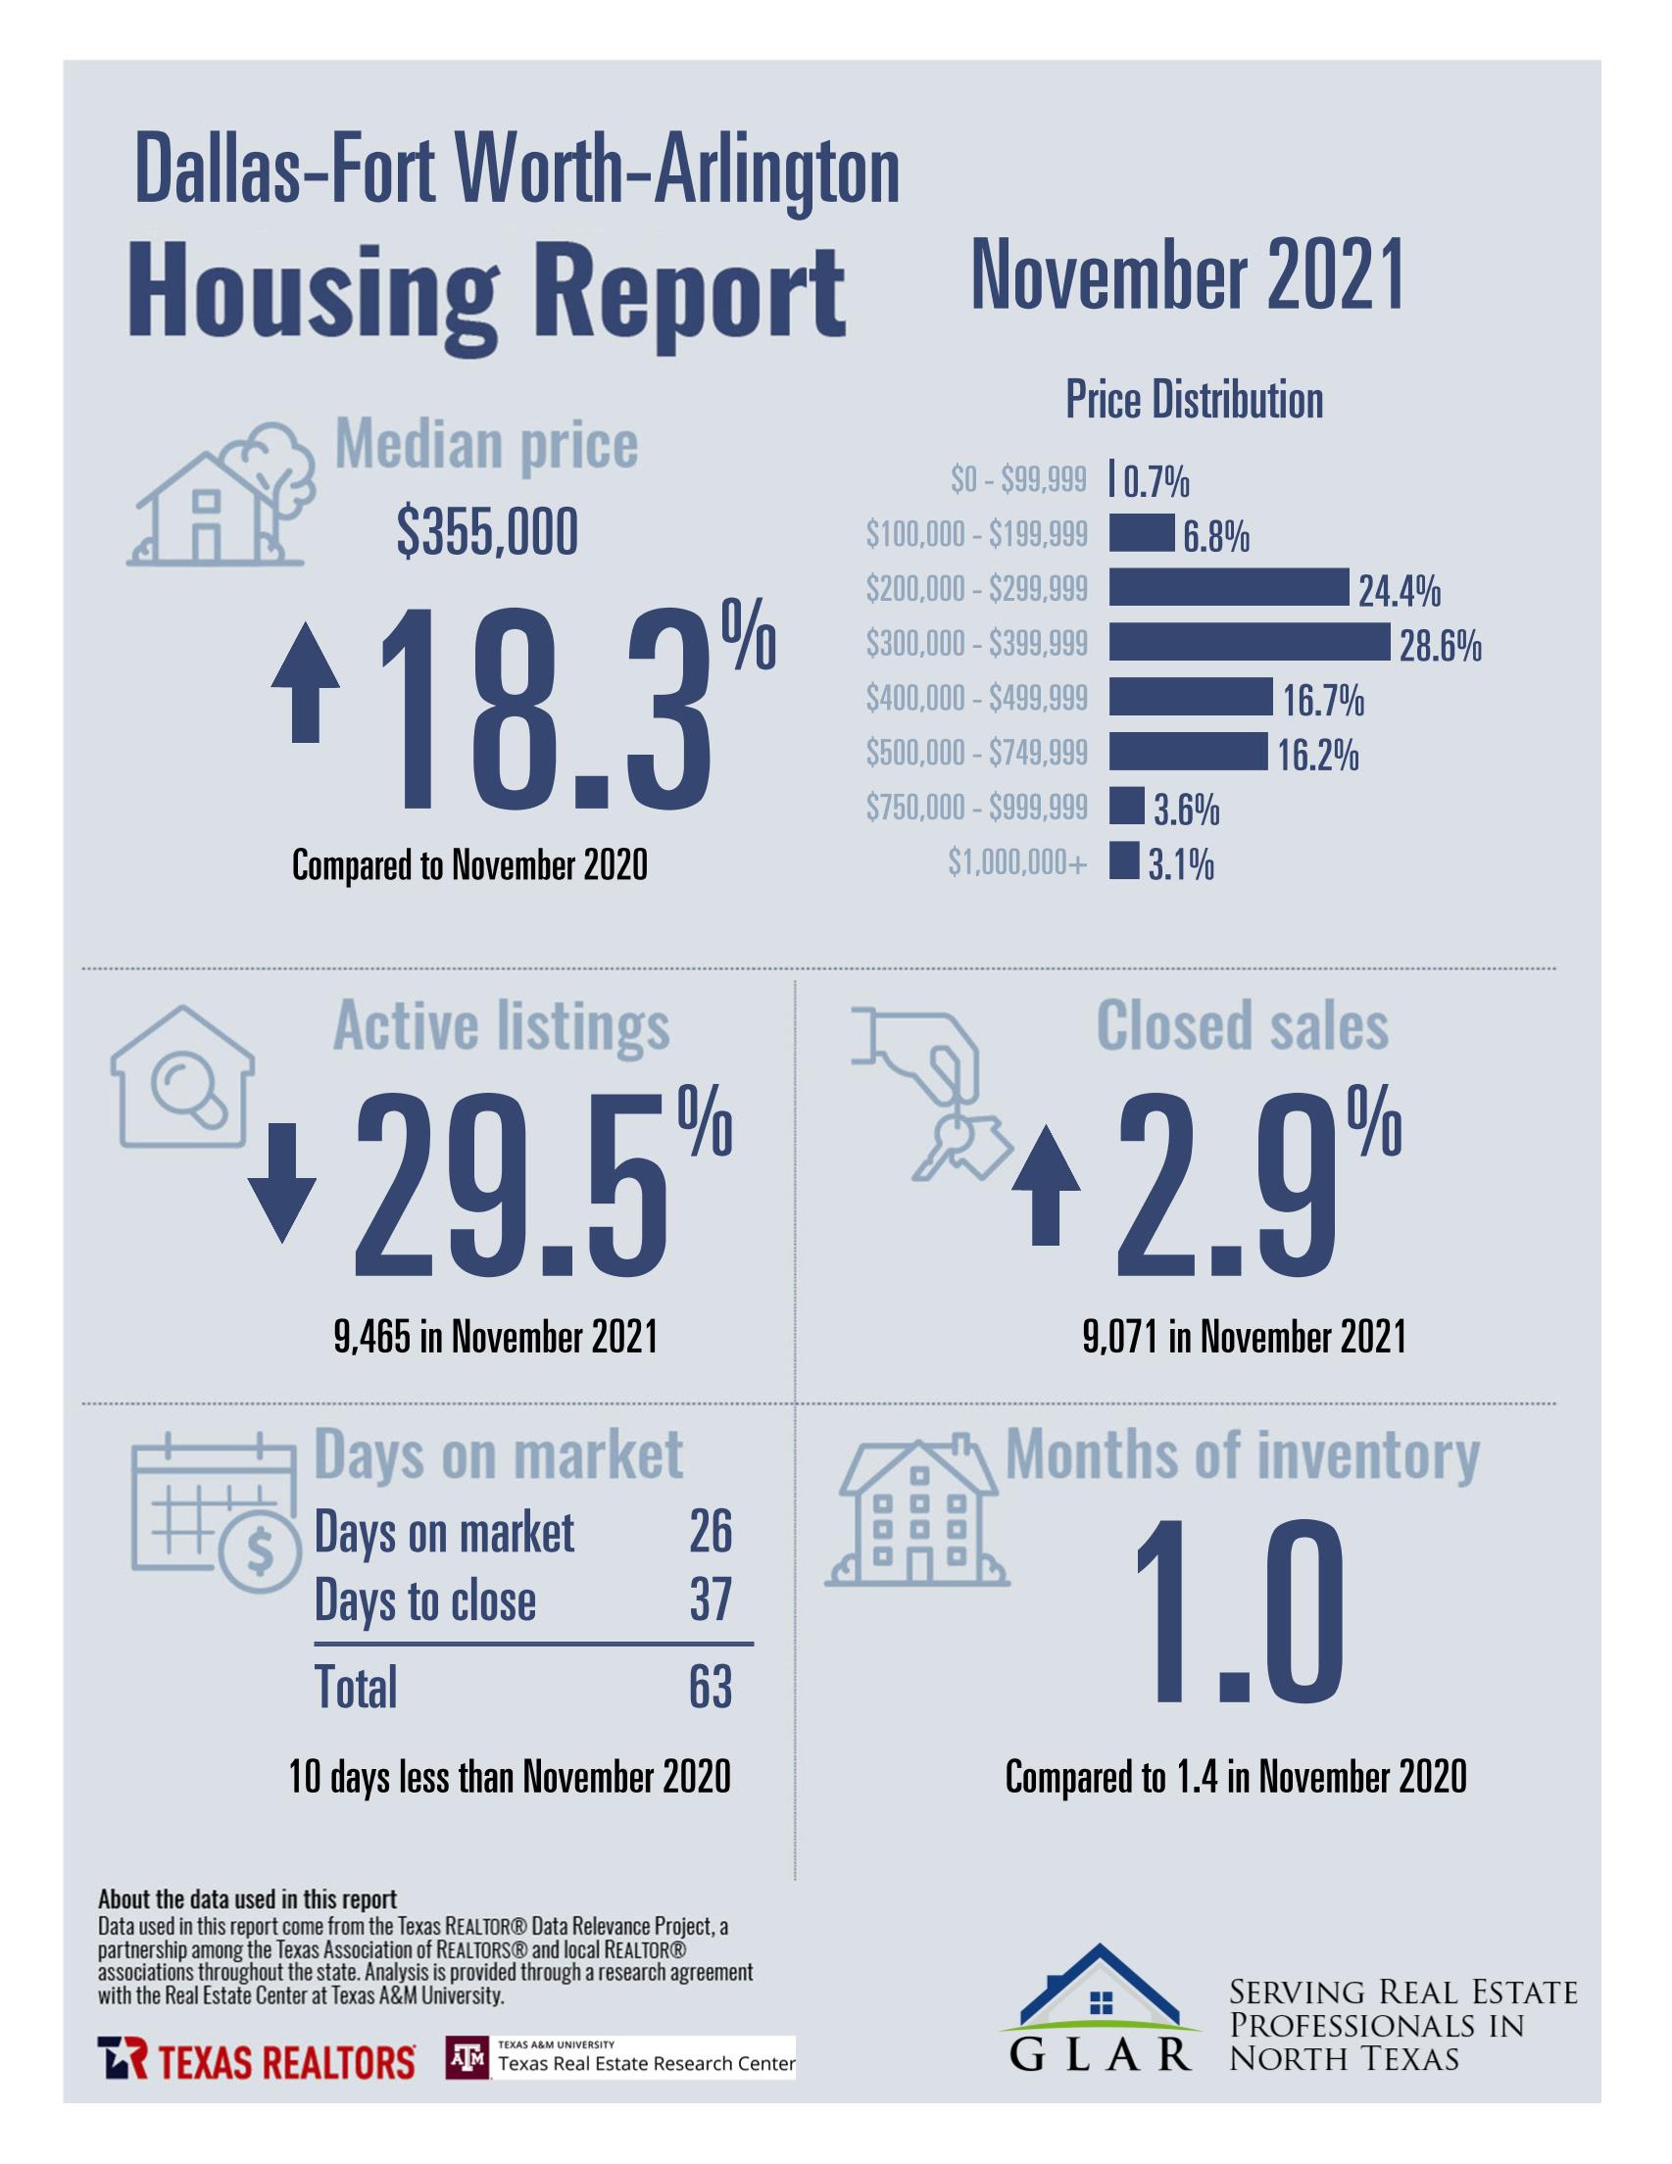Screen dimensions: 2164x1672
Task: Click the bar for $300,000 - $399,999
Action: (x=1248, y=642)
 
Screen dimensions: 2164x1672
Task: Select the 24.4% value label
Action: (x=1399, y=593)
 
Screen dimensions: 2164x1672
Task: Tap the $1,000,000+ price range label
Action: (x=1017, y=863)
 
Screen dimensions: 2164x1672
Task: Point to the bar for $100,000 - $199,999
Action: (x=1141, y=533)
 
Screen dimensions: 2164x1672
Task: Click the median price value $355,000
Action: (x=487, y=533)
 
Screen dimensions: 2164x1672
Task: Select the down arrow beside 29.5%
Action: (x=281, y=1182)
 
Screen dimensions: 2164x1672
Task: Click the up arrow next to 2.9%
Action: (x=1045, y=1188)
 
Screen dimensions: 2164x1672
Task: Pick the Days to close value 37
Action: (x=710, y=1599)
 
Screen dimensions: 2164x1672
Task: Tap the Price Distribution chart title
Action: (x=1194, y=400)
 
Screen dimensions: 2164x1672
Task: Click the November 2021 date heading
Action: (x=1187, y=275)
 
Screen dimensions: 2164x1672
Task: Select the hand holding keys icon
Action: (x=931, y=1093)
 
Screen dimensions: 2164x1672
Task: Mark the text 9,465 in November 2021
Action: (x=496, y=1338)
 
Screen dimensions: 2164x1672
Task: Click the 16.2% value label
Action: (x=1317, y=756)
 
